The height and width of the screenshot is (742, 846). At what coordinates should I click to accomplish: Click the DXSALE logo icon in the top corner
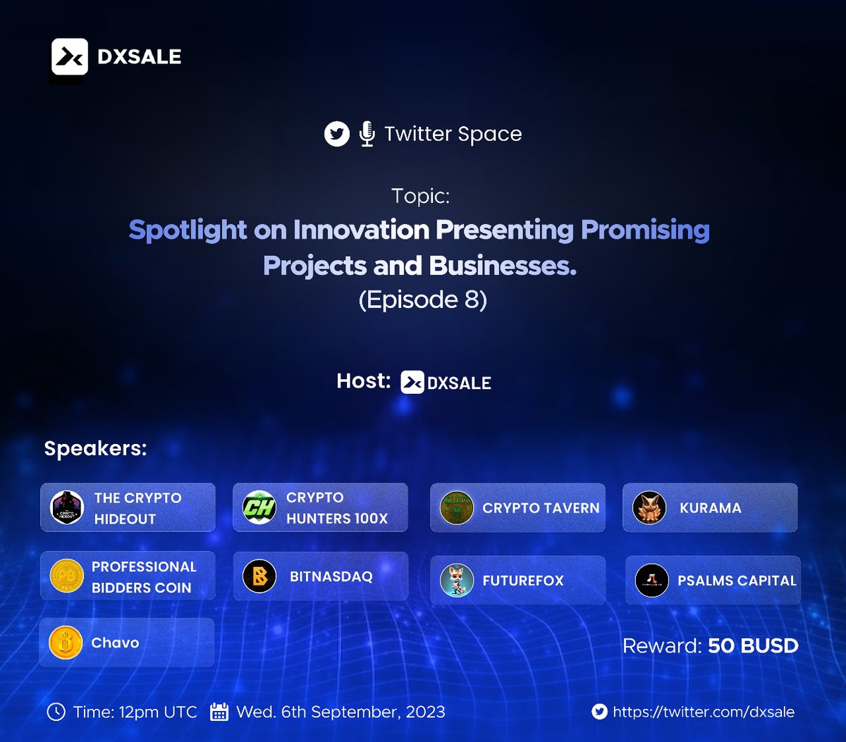pyautogui.click(x=70, y=57)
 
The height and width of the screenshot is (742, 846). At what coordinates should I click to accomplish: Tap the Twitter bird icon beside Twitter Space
pyautogui.click(x=337, y=134)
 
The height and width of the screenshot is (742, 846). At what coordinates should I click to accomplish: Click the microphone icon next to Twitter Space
pyautogui.click(x=367, y=134)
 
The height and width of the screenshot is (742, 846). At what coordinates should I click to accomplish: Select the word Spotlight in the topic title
pyautogui.click(x=188, y=230)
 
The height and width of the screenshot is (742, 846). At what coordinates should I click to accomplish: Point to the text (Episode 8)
pyautogui.click(x=423, y=300)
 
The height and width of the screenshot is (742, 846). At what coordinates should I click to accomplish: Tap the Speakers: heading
pyautogui.click(x=96, y=449)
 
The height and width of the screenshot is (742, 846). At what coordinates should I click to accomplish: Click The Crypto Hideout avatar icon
pyautogui.click(x=68, y=508)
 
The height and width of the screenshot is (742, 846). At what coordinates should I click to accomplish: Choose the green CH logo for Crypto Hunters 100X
pyautogui.click(x=259, y=508)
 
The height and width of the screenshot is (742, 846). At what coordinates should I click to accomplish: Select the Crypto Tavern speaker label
pyautogui.click(x=541, y=508)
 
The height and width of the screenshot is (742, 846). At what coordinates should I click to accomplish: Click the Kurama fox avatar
pyautogui.click(x=649, y=508)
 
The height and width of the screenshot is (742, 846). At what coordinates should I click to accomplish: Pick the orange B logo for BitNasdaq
pyautogui.click(x=259, y=577)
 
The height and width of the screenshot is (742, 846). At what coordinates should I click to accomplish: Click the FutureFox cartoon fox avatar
pyautogui.click(x=457, y=581)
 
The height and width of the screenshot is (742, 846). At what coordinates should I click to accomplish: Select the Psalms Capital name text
pyautogui.click(x=737, y=581)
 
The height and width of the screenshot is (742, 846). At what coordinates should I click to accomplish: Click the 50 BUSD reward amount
pyautogui.click(x=753, y=645)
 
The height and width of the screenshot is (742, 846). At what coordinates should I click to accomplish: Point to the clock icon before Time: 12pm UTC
pyautogui.click(x=56, y=712)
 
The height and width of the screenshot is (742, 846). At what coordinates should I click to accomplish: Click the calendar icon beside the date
pyautogui.click(x=219, y=712)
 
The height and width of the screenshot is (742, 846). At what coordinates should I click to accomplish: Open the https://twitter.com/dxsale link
pyautogui.click(x=704, y=712)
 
